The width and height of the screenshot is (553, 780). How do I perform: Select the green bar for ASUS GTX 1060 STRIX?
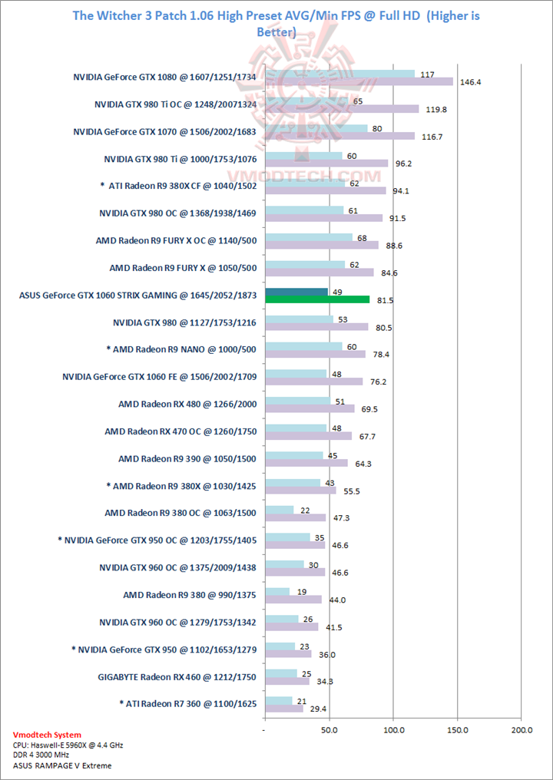316,299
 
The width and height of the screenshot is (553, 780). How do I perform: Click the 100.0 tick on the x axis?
393,729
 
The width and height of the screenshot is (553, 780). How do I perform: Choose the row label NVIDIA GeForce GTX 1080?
164,77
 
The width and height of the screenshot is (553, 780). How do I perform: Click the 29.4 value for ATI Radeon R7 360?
316,709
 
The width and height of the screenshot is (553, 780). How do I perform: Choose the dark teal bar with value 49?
296,292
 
